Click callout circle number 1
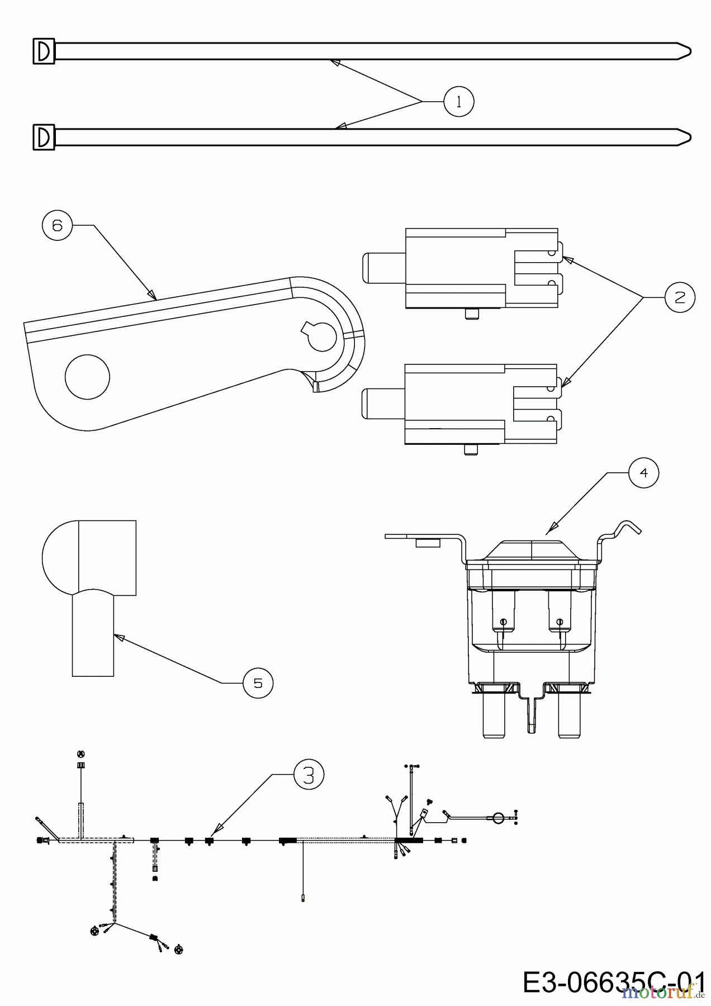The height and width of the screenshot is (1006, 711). tap(458, 101)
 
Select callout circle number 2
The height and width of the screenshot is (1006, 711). tap(680, 297)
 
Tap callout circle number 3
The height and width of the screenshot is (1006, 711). tap(309, 775)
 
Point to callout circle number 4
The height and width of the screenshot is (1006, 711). tap(643, 473)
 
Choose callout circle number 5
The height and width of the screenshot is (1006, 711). tap(258, 683)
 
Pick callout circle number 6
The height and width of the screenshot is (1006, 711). tap(58, 225)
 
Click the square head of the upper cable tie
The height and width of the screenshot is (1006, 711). tap(44, 51)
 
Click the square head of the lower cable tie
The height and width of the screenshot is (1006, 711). tap(44, 137)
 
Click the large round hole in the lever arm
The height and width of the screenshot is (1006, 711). tap(87, 377)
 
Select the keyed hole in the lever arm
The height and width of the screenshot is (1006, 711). tap(321, 336)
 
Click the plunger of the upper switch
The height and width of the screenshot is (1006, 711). tap(383, 268)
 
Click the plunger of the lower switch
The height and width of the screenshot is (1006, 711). tap(383, 403)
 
